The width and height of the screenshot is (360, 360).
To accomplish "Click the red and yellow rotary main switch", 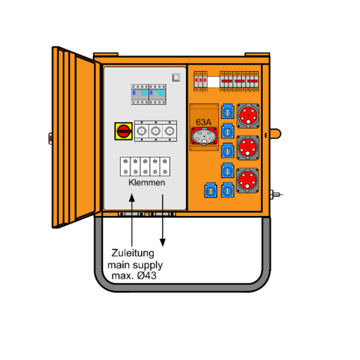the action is (x=124, y=131).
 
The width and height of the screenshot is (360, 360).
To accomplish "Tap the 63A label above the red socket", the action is (x=203, y=122).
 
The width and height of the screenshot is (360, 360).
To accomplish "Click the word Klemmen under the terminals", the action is (x=147, y=182).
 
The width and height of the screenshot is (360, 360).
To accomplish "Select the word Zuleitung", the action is (x=133, y=253).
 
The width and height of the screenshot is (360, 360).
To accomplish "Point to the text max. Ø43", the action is (x=134, y=275).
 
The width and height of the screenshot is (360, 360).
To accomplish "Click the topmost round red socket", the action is (x=248, y=116).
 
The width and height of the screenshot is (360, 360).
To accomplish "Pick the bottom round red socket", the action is (x=247, y=181).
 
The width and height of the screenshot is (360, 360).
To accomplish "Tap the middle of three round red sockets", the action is (x=248, y=148).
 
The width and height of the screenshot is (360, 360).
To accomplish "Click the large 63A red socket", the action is (x=204, y=136).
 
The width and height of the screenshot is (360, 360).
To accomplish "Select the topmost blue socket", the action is (x=228, y=112).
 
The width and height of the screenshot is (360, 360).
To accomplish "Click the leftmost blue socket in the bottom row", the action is (x=211, y=190).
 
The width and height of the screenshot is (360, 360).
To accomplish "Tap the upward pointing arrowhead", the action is (x=132, y=197).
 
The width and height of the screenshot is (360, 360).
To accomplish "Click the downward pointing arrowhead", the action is (x=163, y=242).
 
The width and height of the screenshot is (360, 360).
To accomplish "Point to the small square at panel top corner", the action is (x=176, y=77).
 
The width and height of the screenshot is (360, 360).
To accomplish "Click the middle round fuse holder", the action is (x=155, y=131).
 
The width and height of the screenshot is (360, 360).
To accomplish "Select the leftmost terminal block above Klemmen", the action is (x=125, y=166).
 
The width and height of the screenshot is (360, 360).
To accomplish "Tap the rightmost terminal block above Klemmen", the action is (x=165, y=166).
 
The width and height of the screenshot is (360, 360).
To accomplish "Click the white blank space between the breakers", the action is (x=214, y=82).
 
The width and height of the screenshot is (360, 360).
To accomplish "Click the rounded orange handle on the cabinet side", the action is (x=275, y=134).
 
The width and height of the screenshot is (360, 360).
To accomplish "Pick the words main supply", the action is (x=135, y=265).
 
